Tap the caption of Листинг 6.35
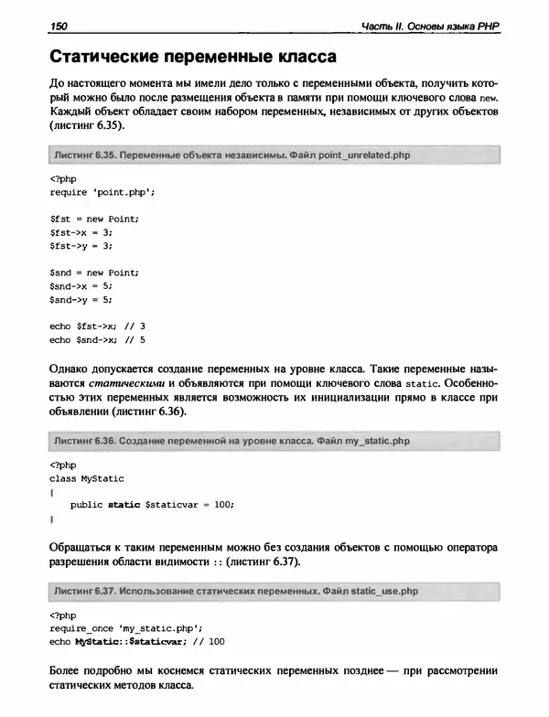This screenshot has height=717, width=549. [x=231, y=155]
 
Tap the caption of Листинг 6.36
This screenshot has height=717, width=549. [x=231, y=441]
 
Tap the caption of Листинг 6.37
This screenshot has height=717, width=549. [x=235, y=588]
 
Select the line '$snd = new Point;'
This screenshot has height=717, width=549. [x=93, y=273]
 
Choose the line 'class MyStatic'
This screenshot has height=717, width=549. [x=86, y=478]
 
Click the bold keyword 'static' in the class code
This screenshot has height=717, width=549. [x=124, y=505]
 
